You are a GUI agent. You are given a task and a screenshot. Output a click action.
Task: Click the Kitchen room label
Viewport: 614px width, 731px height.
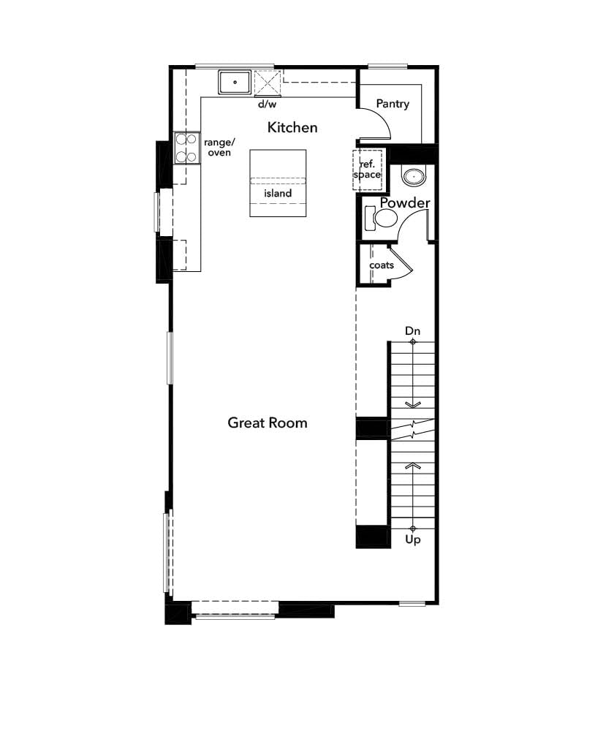[x=292, y=127]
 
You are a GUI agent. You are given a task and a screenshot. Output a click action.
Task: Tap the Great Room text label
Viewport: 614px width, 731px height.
[x=268, y=423]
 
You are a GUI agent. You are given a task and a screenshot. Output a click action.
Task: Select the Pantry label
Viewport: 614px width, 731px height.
[x=393, y=104]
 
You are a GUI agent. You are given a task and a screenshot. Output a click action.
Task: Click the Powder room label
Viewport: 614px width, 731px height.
[x=405, y=202]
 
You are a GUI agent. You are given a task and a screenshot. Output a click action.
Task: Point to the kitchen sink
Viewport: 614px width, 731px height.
[x=235, y=83]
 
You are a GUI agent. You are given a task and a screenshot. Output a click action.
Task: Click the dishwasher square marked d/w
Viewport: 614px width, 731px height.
[x=268, y=83]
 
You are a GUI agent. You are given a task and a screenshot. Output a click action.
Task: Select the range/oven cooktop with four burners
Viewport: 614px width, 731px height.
[x=187, y=148]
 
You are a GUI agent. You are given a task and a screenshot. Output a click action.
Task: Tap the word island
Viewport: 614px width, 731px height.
[x=278, y=194]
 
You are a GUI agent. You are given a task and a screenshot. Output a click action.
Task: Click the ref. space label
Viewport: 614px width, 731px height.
[x=367, y=170]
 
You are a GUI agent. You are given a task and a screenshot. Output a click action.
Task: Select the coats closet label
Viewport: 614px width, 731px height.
[x=382, y=265]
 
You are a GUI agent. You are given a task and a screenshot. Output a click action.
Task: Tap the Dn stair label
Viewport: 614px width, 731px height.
[x=413, y=331]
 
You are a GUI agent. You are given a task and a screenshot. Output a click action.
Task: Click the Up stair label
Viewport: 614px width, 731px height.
[x=413, y=540]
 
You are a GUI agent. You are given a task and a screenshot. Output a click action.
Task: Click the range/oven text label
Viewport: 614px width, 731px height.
[x=218, y=148]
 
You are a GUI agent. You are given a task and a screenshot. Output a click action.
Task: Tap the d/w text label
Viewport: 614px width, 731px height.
[x=265, y=105]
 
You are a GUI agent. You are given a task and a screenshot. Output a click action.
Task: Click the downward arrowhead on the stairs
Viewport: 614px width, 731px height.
[x=413, y=404]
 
